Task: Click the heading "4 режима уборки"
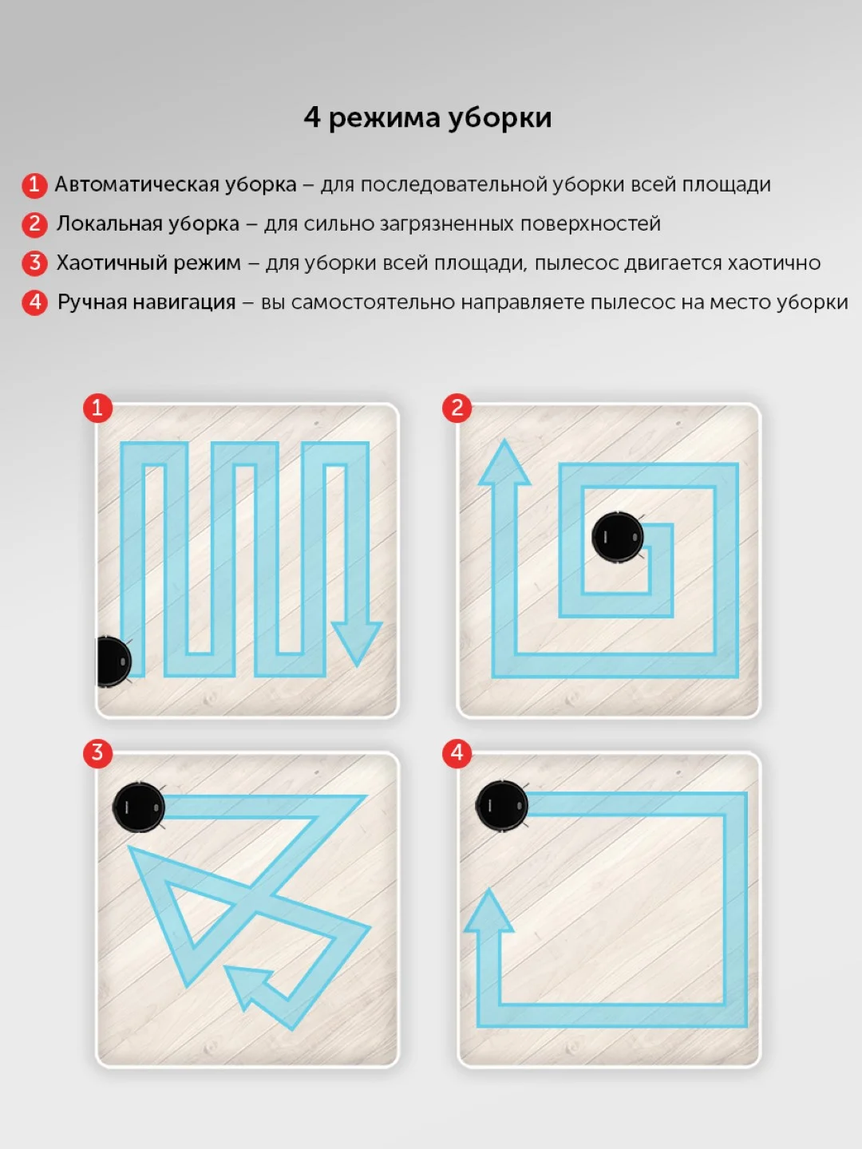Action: pos(428,118)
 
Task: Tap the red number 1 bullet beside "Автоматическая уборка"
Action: pos(34,185)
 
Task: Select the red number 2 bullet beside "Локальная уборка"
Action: pos(34,224)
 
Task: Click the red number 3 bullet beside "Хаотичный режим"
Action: pos(34,263)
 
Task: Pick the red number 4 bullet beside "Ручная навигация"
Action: pos(34,302)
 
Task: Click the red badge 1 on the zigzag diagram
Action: pos(98,408)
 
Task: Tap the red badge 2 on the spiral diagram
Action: pos(457,408)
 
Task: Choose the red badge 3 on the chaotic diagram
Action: pos(98,753)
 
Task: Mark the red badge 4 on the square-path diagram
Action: pos(457,753)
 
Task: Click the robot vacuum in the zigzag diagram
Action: pos(113,661)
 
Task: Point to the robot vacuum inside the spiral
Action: pos(618,538)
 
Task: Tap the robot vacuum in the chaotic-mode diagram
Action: pos(139,807)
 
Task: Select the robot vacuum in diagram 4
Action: pos(501,806)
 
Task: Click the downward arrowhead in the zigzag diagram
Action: pos(357,644)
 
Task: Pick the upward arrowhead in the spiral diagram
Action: pos(504,462)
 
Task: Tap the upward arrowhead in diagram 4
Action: pos(488,912)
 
